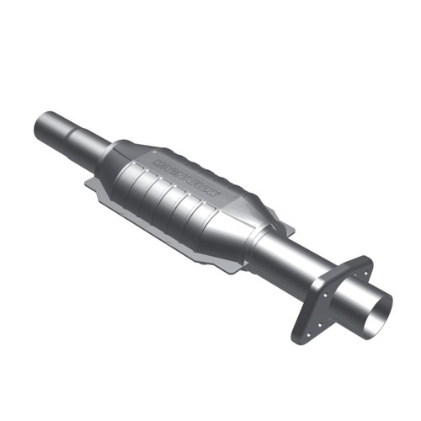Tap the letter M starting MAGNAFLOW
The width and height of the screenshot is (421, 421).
tap(157, 158)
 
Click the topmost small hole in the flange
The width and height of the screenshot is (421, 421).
tap(363, 269)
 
